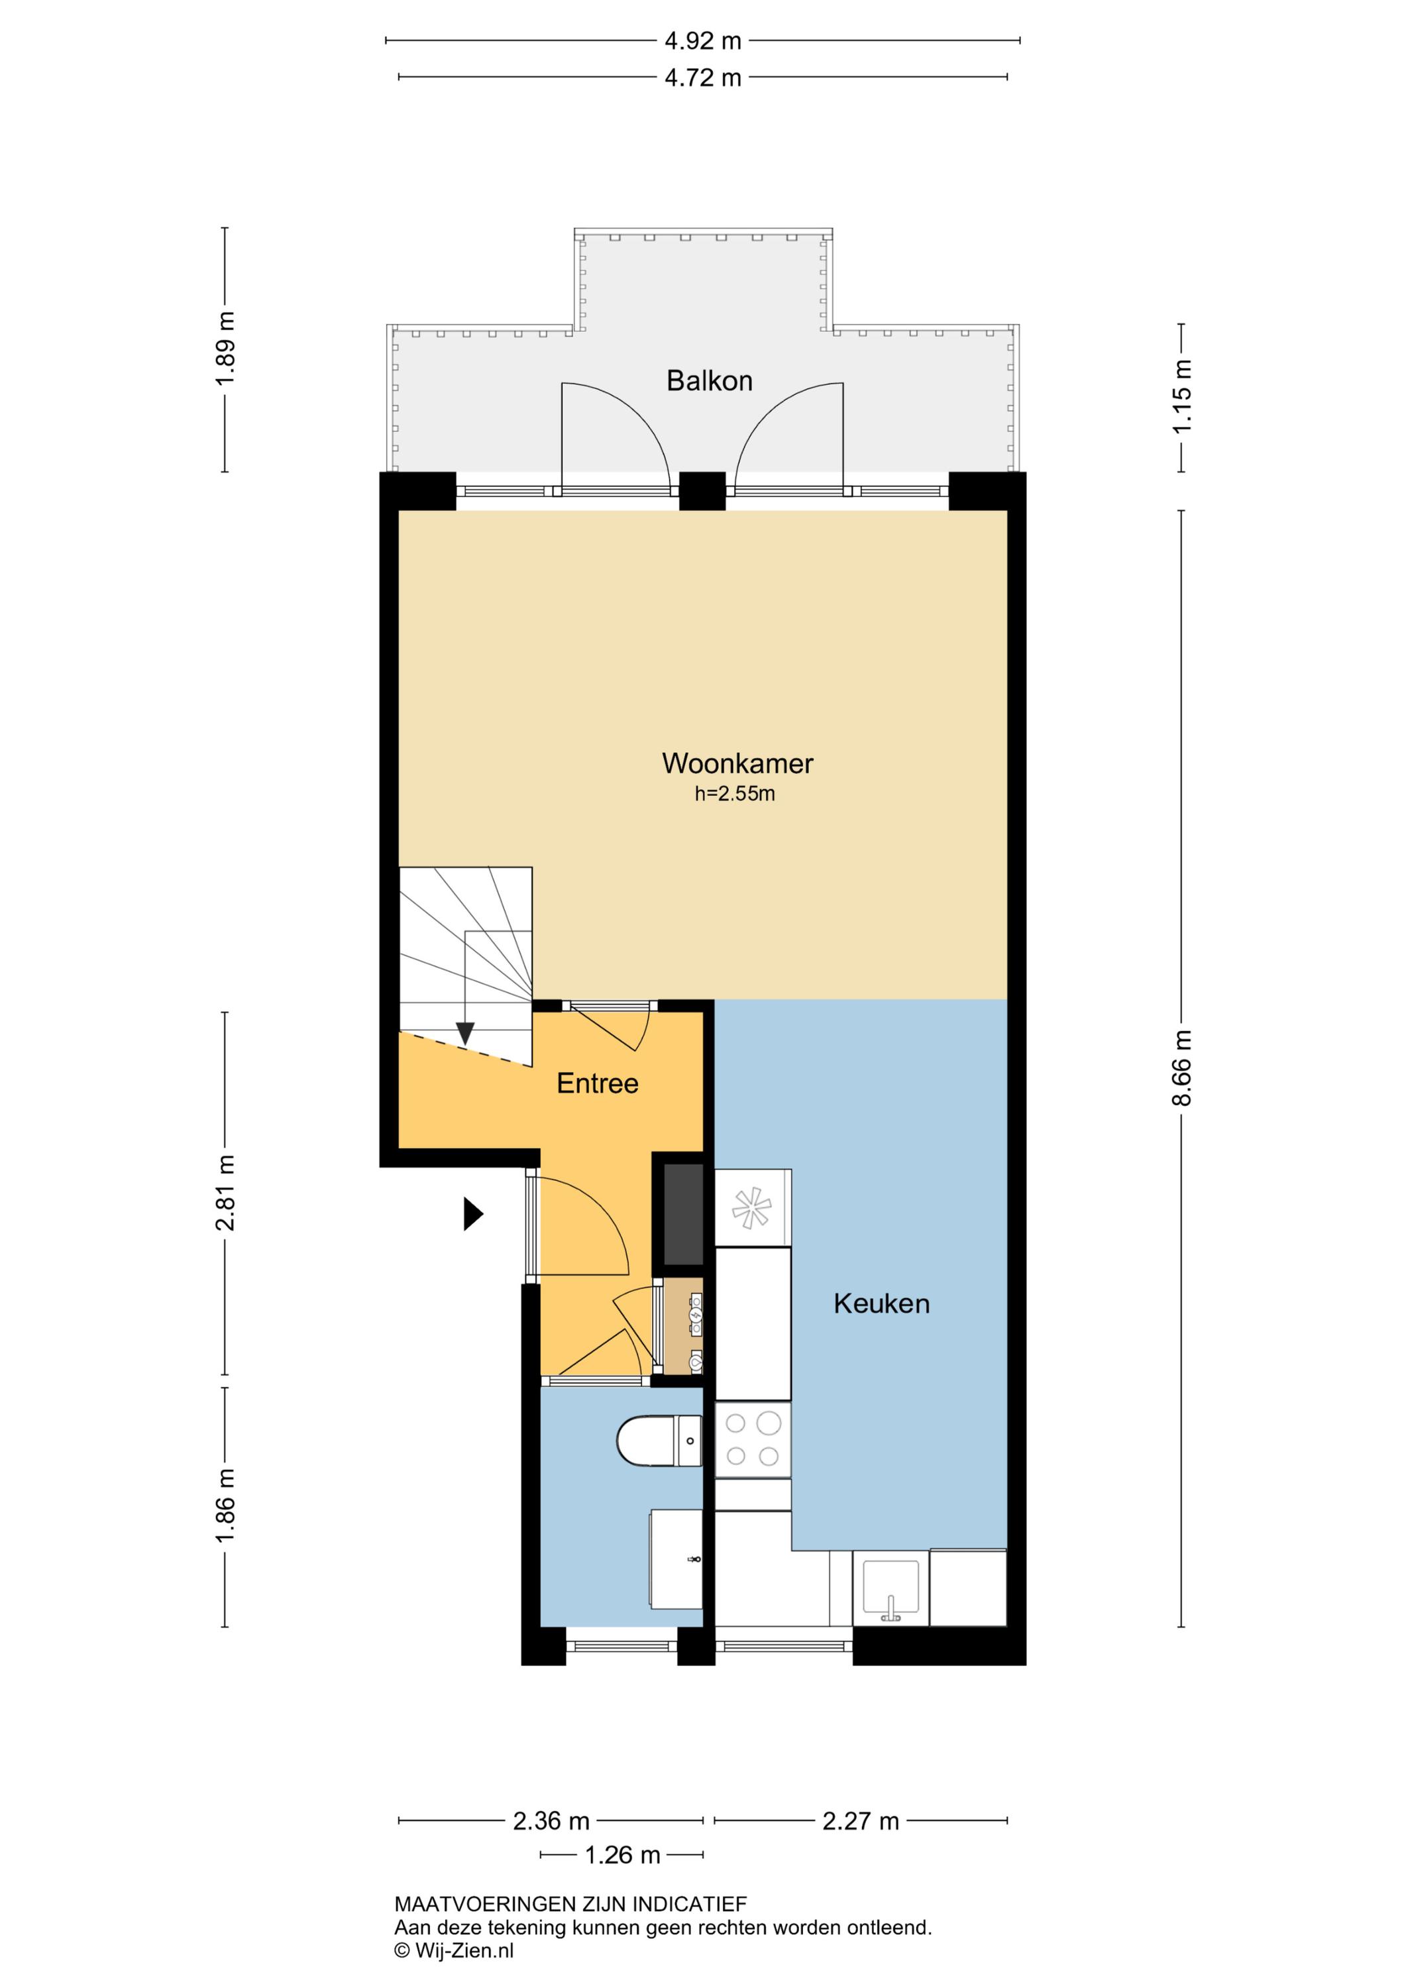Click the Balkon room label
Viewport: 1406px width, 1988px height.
pos(709,381)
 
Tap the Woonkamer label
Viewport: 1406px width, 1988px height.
pos(737,763)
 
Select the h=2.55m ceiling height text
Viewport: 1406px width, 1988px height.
pos(734,794)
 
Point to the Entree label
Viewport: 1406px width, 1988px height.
pos(598,1083)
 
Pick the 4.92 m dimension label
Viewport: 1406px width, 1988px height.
pos(703,40)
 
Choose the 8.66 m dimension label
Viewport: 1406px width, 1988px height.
pos(1182,1068)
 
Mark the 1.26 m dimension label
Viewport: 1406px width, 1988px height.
pos(622,1855)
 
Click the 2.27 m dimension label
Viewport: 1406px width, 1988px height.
pos(861,1821)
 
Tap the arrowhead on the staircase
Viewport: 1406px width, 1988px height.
pos(466,1034)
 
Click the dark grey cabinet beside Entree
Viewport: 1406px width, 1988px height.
pos(683,1215)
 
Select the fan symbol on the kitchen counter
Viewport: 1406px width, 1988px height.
pos(751,1208)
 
